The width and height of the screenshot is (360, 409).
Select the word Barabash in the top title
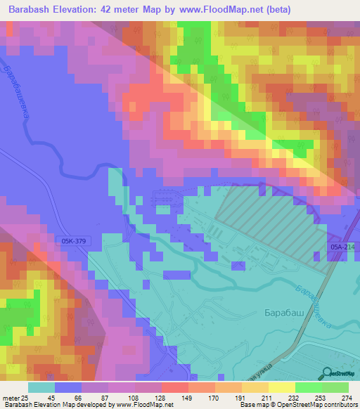(32, 11)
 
